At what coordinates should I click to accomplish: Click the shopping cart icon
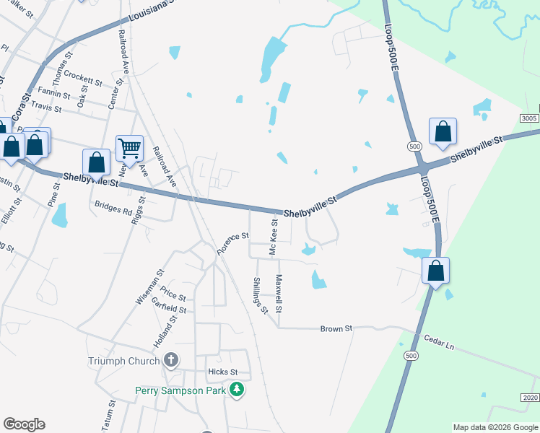point(129,149)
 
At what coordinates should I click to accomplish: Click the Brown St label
point(337,328)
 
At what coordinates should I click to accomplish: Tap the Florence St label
point(233,243)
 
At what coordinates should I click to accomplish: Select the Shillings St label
point(260,296)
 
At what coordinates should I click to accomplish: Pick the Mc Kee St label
point(274,238)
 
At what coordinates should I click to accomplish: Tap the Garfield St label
point(169,307)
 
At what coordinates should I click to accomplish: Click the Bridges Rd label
point(113,209)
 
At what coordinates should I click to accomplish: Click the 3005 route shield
point(529,117)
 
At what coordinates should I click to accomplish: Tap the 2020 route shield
point(529,398)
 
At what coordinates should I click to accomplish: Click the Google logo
point(24,424)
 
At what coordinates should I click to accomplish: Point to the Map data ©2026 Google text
point(495,427)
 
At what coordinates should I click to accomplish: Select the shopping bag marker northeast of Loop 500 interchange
point(443,132)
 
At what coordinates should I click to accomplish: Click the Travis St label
point(47,108)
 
